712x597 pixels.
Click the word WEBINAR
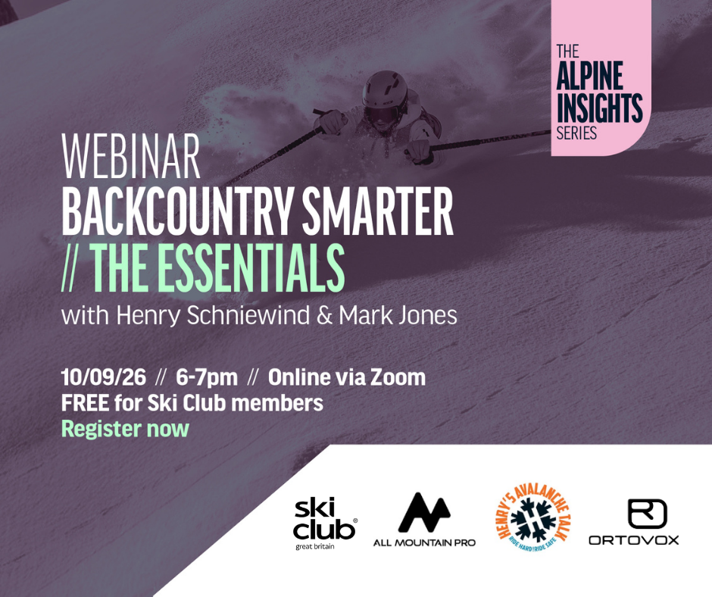(131, 156)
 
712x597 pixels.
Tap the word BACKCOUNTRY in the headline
(179, 211)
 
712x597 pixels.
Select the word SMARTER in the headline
(378, 211)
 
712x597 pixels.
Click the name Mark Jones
(398, 315)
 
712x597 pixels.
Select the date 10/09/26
(104, 377)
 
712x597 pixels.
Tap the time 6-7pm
(207, 377)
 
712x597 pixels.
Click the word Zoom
(398, 377)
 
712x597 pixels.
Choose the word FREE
(85, 403)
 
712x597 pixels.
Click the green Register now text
(125, 429)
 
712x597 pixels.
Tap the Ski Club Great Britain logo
(325, 523)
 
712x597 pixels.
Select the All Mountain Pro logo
(424, 519)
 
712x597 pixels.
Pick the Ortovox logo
(634, 522)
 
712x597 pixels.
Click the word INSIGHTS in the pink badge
(599, 108)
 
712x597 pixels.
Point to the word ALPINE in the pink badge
(589, 76)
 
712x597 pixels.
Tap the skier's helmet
(385, 89)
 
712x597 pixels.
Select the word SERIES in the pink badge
(576, 133)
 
